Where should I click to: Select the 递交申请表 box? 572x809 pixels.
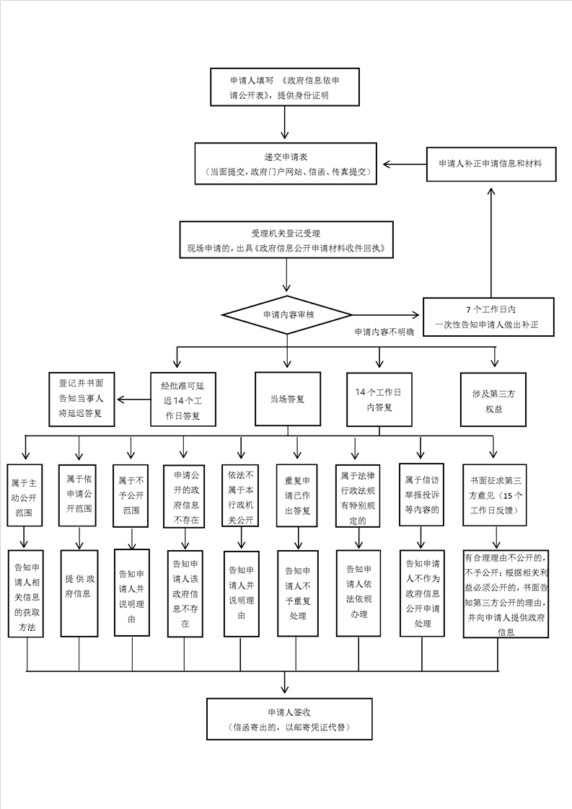[x=286, y=164]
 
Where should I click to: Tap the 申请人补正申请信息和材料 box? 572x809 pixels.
[x=490, y=164]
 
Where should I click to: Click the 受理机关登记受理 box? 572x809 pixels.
[x=286, y=241]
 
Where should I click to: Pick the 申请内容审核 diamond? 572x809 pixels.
[x=287, y=315]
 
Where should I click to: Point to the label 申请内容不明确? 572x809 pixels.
[x=379, y=333]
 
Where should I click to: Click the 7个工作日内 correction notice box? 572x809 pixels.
[x=490, y=317]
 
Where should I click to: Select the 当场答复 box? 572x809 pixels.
[x=287, y=399]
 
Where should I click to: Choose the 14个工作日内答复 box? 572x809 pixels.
[x=379, y=399]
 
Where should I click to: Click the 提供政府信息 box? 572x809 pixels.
[x=79, y=593]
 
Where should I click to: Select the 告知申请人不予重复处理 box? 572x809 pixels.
[x=296, y=593]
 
